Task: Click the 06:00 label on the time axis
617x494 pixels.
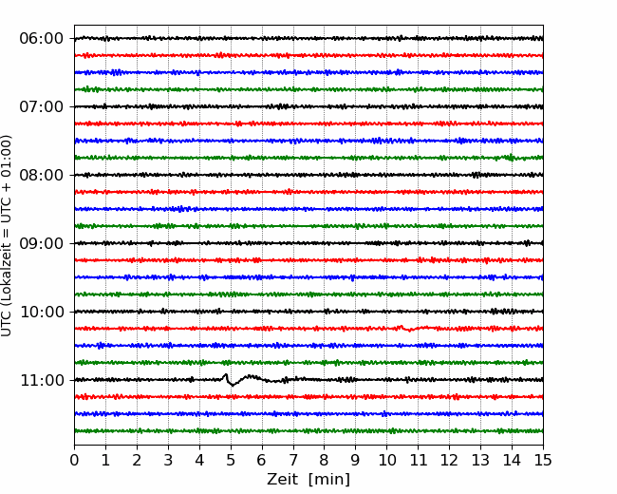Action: pos(42,39)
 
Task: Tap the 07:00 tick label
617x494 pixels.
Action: pos(42,106)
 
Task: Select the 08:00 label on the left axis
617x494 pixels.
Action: pos(42,175)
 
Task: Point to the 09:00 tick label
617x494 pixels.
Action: pos(42,243)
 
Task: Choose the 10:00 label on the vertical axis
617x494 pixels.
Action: pos(42,312)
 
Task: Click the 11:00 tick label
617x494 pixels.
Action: pos(42,380)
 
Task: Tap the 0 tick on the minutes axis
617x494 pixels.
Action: pos(74,460)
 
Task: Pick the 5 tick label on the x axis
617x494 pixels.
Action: pos(231,460)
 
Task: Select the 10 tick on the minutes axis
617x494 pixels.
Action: pos(386,460)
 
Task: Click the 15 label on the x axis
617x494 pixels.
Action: pos(543,460)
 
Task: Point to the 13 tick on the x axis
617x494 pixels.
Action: pos(480,460)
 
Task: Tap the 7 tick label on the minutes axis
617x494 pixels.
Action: pos(293,460)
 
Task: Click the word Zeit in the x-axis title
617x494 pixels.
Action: pos(284,479)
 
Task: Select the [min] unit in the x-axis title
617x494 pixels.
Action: pos(329,480)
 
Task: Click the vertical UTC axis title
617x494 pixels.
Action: pos(7,236)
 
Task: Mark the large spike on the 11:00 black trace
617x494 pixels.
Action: pos(226,377)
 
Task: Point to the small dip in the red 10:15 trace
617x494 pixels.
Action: pos(410,330)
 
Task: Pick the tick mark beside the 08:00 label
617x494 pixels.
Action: pos(72,175)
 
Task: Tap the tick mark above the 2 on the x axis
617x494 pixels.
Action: pos(137,447)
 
